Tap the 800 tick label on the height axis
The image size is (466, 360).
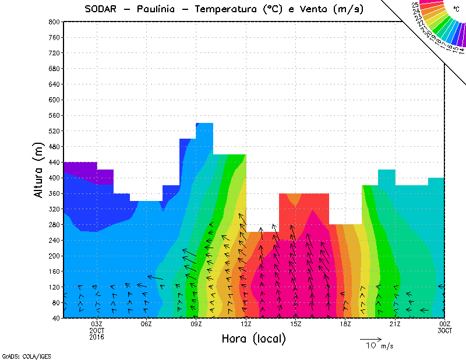53,22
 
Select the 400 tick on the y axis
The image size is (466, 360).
53,178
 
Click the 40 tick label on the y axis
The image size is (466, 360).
55,318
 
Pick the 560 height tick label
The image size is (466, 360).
53,115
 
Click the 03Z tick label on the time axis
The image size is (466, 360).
97,324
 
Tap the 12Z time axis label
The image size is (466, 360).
246,324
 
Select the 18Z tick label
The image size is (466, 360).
345,324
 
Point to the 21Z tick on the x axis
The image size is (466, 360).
395,324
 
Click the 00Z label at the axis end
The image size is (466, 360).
445,324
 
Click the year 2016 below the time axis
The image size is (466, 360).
97,337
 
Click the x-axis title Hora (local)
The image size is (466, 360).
253,338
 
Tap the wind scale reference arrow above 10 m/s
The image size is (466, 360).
370,338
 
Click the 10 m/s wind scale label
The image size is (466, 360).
379,346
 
